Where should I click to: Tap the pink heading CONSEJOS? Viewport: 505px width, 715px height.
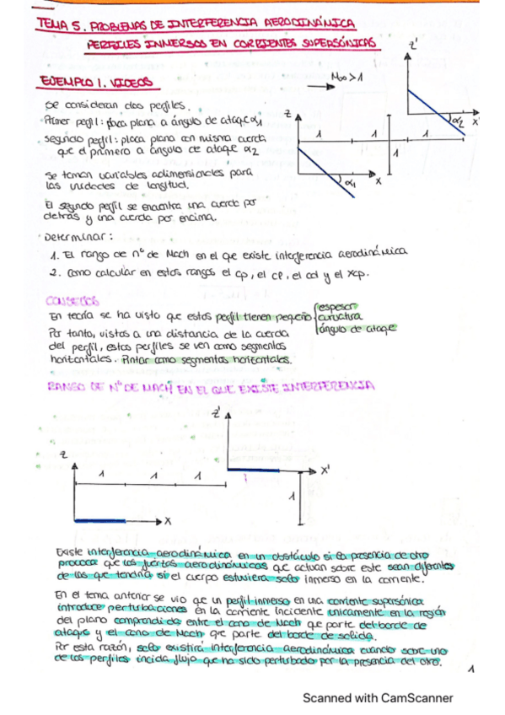tap(74, 299)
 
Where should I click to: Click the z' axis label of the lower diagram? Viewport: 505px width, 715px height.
tap(218, 414)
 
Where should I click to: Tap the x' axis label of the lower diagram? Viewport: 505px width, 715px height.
tap(325, 471)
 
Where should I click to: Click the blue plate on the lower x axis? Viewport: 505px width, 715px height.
tap(99, 522)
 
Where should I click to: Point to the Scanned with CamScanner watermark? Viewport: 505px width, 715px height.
tap(378, 697)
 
